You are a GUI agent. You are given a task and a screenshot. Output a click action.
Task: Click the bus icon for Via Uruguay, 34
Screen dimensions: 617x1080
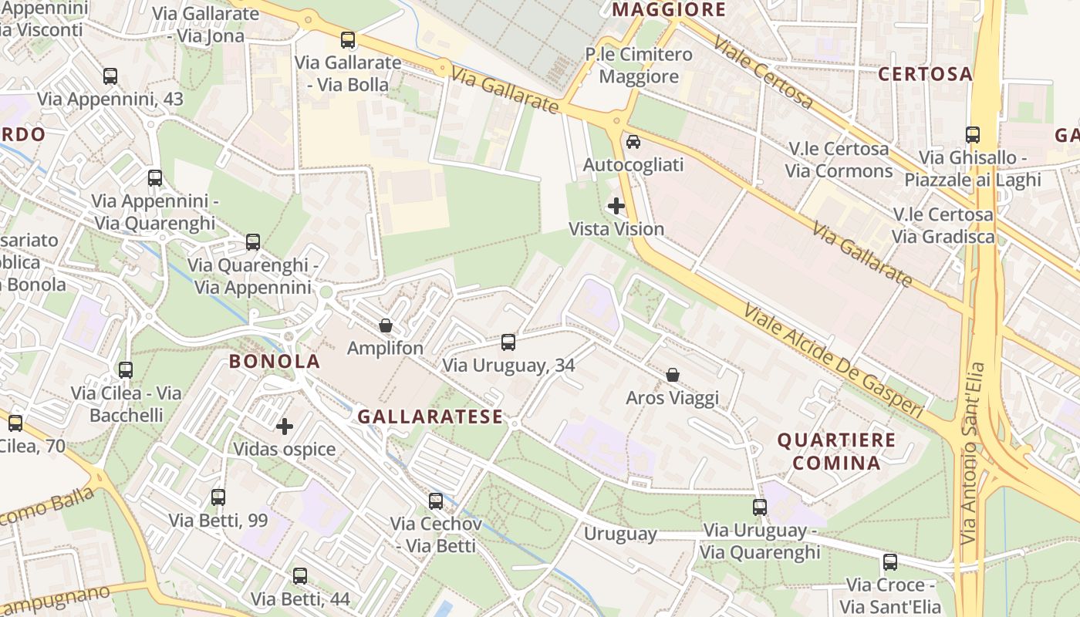508,342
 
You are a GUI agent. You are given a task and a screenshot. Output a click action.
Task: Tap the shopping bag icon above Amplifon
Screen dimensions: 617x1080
385,325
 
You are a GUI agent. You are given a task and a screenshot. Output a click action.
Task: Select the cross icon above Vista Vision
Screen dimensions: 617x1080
616,206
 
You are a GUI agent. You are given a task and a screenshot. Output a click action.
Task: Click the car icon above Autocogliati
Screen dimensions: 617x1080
633,142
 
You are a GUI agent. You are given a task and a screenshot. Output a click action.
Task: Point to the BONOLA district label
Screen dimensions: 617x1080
274,361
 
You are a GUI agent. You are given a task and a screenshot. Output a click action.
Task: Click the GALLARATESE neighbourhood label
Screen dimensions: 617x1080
430,417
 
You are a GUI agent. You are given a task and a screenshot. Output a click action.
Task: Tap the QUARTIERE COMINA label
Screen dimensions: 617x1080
836,451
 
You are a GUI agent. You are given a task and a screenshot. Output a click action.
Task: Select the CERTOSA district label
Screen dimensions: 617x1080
925,74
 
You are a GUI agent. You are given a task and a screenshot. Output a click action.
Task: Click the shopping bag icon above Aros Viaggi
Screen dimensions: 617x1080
673,375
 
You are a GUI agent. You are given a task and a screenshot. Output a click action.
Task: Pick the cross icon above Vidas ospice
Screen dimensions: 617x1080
285,426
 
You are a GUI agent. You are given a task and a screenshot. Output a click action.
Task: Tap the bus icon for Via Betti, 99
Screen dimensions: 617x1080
218,497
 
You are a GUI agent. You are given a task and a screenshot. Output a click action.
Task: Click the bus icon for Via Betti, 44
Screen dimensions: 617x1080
300,575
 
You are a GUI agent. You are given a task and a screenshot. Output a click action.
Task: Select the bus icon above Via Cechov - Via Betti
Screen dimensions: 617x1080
436,501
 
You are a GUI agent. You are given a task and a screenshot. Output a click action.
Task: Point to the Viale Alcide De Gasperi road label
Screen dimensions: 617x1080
833,361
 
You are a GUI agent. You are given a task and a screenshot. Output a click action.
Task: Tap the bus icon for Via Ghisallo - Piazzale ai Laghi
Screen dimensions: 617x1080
972,135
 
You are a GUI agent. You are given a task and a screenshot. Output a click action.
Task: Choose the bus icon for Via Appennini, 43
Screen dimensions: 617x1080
110,76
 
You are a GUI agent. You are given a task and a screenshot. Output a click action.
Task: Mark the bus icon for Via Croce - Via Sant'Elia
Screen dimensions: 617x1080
890,562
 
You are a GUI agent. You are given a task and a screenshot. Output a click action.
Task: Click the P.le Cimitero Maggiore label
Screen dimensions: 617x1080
639,66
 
